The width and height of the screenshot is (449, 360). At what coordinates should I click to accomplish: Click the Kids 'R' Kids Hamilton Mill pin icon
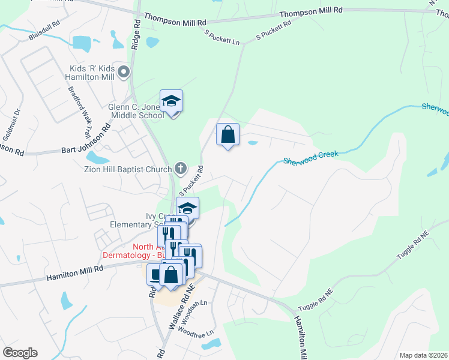pyautogui.click(x=124, y=73)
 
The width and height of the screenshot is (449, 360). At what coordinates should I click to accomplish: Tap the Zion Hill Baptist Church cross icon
pyautogui.click(x=181, y=169)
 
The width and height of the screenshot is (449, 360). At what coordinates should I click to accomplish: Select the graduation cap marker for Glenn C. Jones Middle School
pyautogui.click(x=171, y=101)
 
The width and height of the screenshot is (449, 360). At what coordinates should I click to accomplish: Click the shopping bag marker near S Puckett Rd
pyautogui.click(x=228, y=135)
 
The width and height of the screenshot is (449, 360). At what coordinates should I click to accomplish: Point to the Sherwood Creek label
pyautogui.click(x=311, y=157)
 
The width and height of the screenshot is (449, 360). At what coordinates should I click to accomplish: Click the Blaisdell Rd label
pyautogui.click(x=44, y=32)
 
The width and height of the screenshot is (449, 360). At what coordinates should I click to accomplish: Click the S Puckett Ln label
pyautogui.click(x=222, y=37)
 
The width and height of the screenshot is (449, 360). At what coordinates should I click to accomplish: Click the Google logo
pyautogui.click(x=20, y=352)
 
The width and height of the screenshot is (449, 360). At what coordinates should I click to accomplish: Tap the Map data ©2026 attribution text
pyautogui.click(x=423, y=355)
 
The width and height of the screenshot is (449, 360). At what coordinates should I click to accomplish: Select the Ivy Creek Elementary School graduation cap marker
pyautogui.click(x=188, y=208)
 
